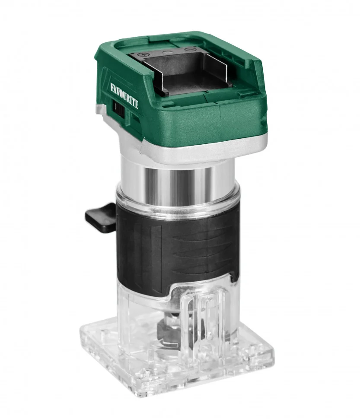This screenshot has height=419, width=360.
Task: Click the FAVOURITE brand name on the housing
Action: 124,95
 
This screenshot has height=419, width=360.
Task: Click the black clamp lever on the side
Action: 101,217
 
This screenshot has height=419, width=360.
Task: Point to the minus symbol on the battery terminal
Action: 189,49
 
